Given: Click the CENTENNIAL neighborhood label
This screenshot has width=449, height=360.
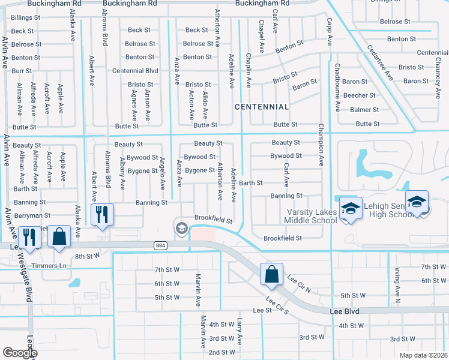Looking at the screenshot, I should tap(261, 106).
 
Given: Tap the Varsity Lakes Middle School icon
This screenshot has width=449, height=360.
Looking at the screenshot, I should tap(349, 209).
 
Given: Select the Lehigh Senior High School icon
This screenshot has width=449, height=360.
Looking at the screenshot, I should tap(416, 203).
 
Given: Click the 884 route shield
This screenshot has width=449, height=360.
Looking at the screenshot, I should tap(160, 245).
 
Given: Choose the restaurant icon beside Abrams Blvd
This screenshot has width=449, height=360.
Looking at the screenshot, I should tap(101, 215).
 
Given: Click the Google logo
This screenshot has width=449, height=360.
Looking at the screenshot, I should tap(20, 353).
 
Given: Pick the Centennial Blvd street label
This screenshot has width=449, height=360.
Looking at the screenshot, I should tap(135, 71).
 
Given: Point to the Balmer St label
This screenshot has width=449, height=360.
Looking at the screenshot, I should tap(364, 110).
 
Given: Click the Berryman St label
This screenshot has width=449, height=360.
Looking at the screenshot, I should tap(31, 215).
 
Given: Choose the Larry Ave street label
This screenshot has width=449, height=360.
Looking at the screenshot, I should tap(240, 331).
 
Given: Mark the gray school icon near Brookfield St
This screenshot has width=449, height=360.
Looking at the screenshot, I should tap(181, 227).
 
